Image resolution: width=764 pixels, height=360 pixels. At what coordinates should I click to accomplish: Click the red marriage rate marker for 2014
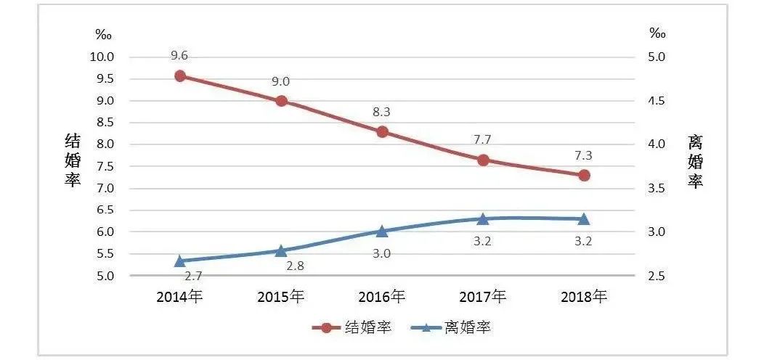pos(181,76)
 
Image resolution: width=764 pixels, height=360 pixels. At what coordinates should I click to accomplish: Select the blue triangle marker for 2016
pos(383,231)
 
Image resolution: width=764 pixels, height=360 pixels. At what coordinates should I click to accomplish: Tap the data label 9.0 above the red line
pos(280,82)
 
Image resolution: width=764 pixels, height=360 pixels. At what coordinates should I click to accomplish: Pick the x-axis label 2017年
pos(483,296)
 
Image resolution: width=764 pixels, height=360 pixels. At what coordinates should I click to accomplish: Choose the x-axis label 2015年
pos(281,296)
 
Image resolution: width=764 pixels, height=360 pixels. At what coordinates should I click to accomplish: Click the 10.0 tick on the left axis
pos(101,57)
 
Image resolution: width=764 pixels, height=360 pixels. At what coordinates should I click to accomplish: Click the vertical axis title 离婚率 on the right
pos(696,160)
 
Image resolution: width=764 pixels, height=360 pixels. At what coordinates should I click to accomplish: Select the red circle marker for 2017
pos(483,160)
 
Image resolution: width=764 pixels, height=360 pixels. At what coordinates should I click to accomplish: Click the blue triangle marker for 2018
pos(584,218)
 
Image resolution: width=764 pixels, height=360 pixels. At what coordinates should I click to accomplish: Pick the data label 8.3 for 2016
pos(382,112)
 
